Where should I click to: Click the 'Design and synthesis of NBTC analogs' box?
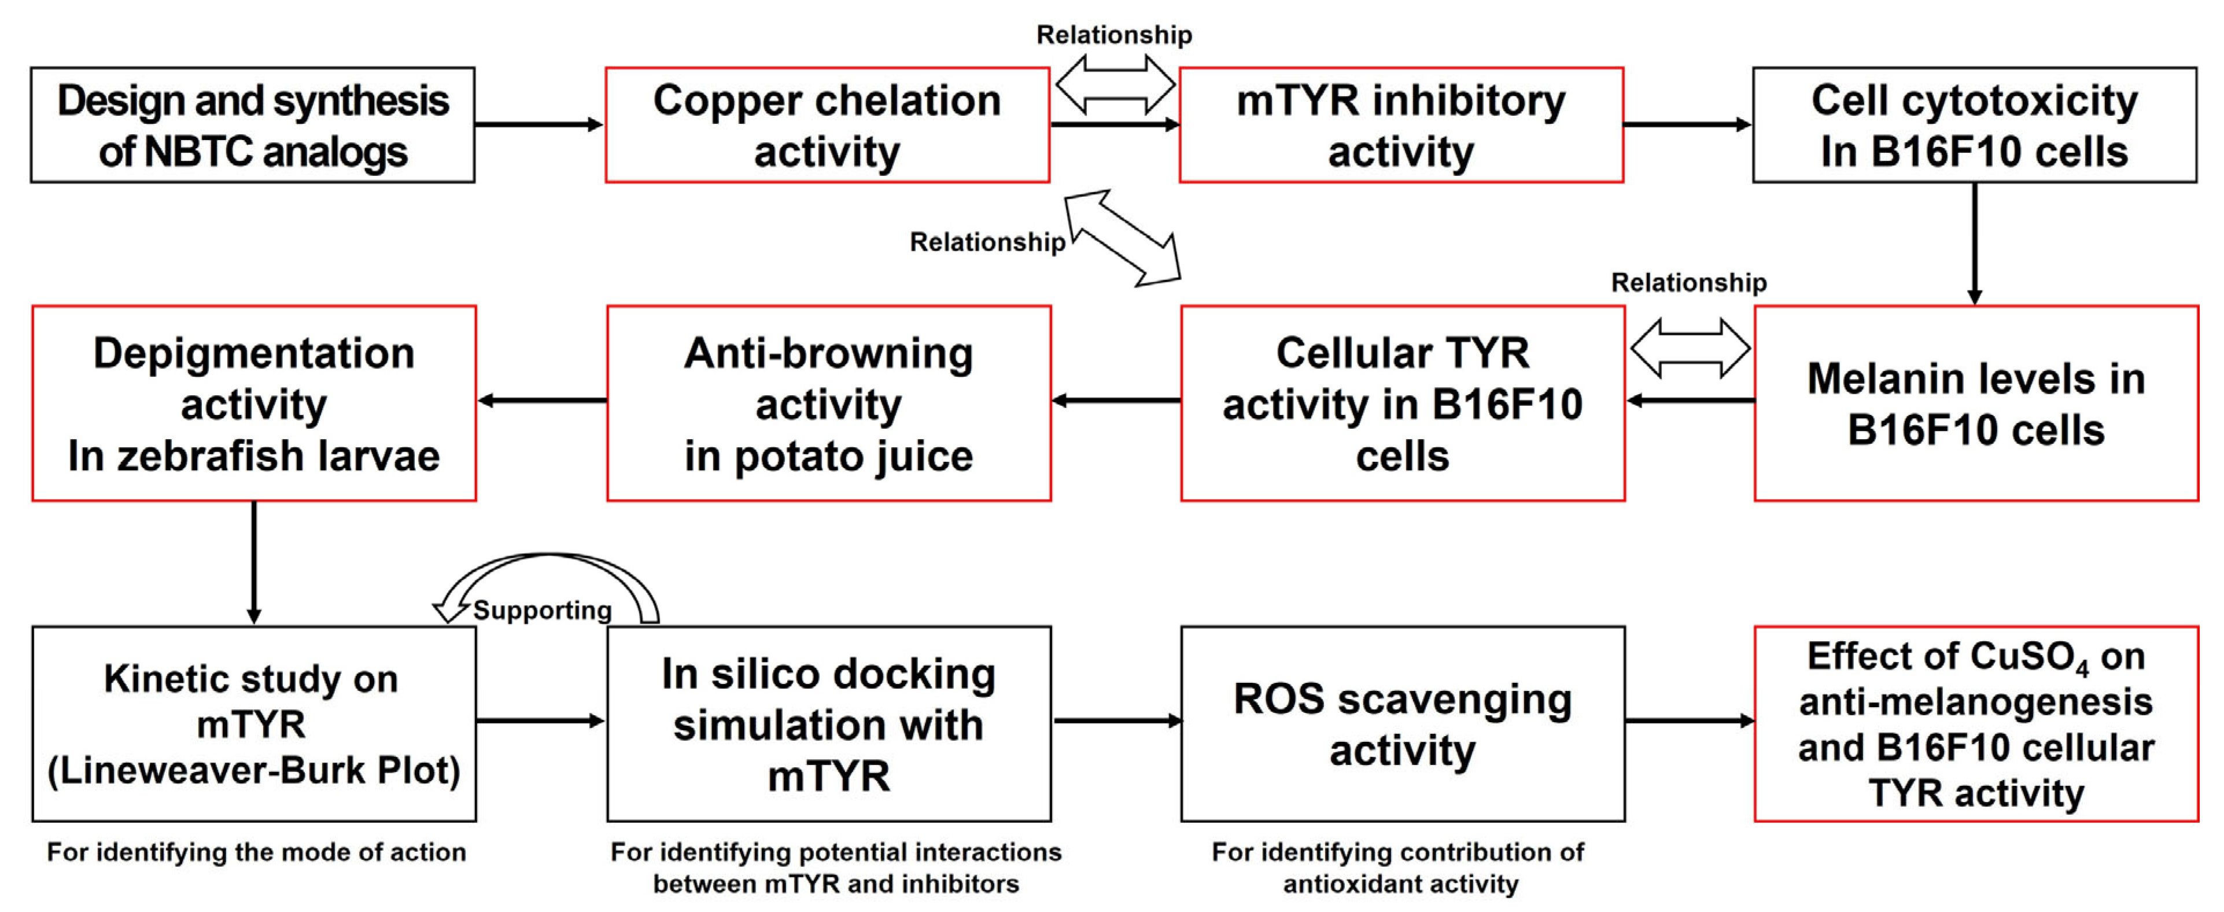click(x=252, y=125)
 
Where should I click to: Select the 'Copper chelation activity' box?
click(x=827, y=125)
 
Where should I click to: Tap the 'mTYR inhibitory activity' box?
click(x=1401, y=125)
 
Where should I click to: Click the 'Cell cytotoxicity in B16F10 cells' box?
click(x=1975, y=125)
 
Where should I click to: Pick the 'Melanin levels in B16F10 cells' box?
click(x=1976, y=403)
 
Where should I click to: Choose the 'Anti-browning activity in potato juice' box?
click(x=829, y=403)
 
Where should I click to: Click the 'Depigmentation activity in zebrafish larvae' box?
click(x=254, y=403)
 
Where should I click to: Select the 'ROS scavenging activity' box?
click(x=1403, y=724)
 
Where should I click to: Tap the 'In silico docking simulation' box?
click(x=829, y=724)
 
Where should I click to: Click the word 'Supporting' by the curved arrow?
click(x=542, y=610)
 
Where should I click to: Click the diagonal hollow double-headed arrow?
click(x=1122, y=237)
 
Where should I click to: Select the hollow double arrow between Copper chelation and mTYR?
click(x=1115, y=84)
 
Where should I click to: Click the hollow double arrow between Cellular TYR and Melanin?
click(x=1691, y=348)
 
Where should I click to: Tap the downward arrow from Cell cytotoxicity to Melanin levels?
click(x=1975, y=244)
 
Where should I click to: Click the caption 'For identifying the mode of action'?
click(x=256, y=852)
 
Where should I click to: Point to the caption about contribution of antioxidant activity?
click(x=1399, y=868)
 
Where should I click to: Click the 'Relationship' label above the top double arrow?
click(x=1113, y=35)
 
